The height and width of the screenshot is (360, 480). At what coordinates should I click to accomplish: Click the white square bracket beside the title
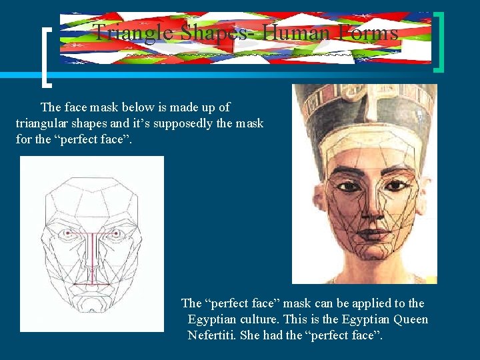pyautogui.click(x=47, y=57)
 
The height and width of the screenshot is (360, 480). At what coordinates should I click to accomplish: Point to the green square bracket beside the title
pyautogui.click(x=440, y=41)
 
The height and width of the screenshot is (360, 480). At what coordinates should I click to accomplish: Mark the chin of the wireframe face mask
pyautogui.click(x=91, y=317)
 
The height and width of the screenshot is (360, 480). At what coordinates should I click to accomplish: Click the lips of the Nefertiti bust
pyautogui.click(x=365, y=235)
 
